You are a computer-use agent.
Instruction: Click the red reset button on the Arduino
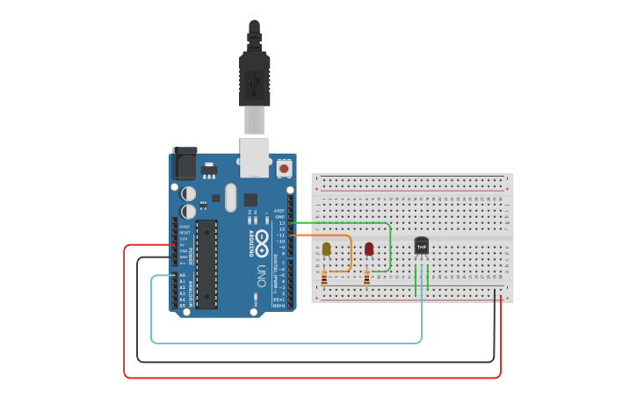tap(284, 167)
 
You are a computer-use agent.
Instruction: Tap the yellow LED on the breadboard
tap(327, 250)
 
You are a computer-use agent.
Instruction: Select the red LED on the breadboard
tap(369, 249)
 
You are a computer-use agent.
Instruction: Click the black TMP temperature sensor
tap(422, 247)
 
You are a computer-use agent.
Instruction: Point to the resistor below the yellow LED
tap(324, 279)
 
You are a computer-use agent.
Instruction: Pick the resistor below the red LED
tap(366, 279)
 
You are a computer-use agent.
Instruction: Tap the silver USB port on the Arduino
tap(255, 151)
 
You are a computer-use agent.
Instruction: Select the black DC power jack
tap(185, 163)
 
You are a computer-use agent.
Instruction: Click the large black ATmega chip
tap(206, 264)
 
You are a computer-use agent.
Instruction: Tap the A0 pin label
tap(183, 275)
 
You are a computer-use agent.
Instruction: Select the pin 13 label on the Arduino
tap(281, 223)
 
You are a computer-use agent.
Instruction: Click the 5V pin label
tap(183, 245)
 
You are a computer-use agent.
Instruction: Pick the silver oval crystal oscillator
tap(231, 197)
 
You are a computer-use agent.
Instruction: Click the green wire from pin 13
tap(351, 223)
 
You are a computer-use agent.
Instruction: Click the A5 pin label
tap(183, 306)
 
